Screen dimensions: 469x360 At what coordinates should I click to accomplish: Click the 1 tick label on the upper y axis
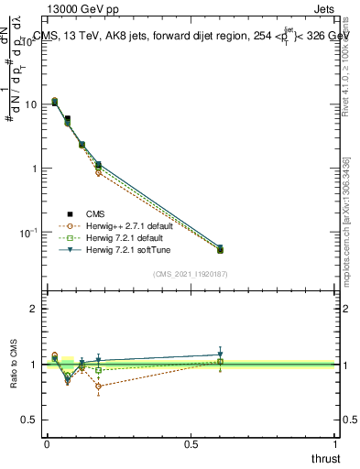tap(34, 169)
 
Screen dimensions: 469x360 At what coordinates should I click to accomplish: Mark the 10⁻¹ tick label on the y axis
tap(29, 233)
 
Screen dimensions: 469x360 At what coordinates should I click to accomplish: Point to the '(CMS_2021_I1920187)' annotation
tap(191, 274)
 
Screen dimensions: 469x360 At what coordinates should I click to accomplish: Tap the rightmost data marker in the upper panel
tap(220, 248)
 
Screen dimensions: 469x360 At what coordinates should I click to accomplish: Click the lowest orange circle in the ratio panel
tap(98, 386)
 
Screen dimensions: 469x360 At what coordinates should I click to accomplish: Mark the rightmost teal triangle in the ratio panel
tap(220, 354)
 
